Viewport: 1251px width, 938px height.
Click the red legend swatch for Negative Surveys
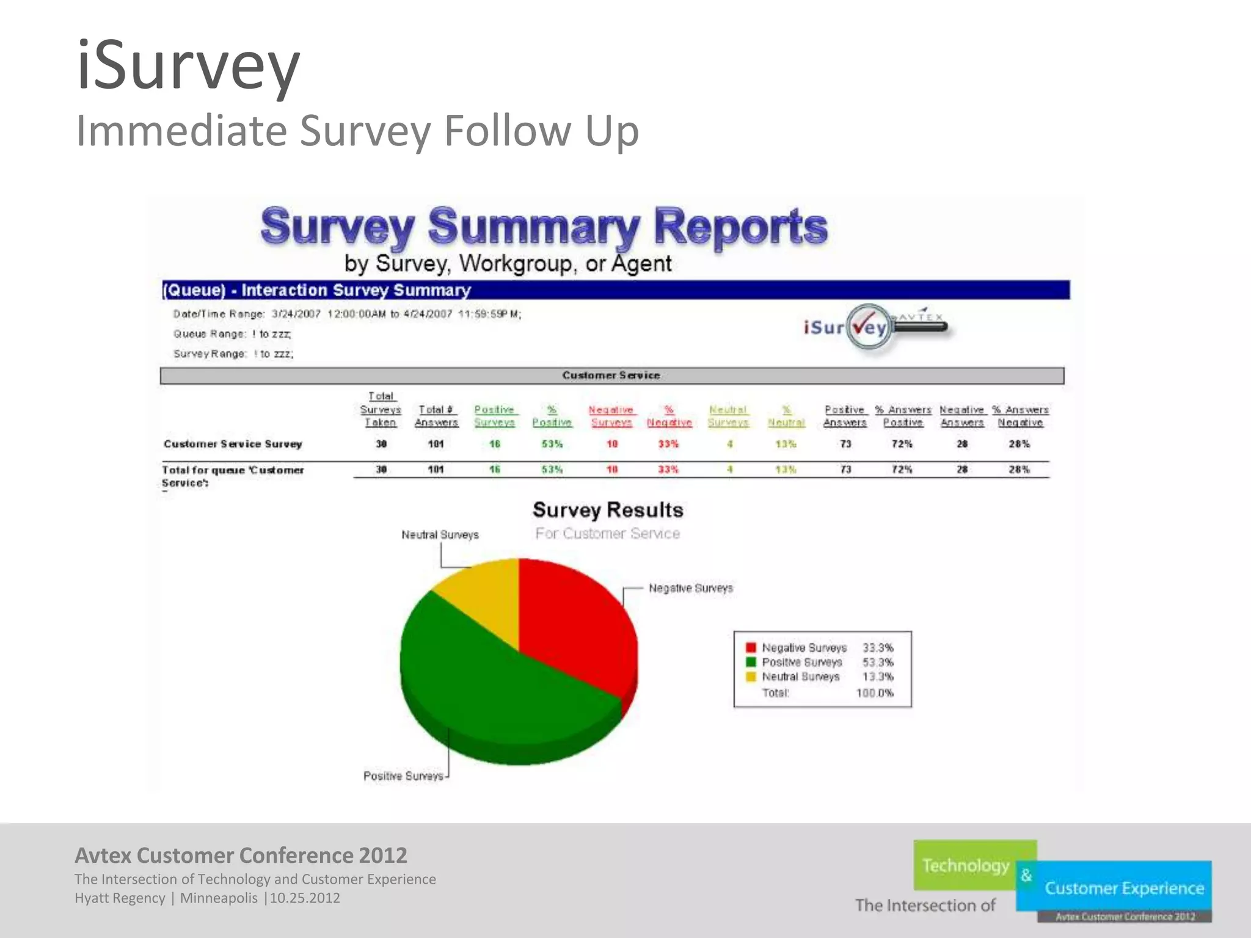pyautogui.click(x=751, y=647)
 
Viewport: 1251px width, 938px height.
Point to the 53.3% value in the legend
pyautogui.click(x=878, y=662)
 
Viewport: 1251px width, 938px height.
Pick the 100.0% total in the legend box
pyautogui.click(x=875, y=693)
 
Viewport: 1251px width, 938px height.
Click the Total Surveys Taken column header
pyautogui.click(x=381, y=410)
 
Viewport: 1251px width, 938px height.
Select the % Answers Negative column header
pyautogui.click(x=1020, y=416)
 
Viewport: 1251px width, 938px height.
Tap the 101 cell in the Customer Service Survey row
pyautogui.click(x=436, y=444)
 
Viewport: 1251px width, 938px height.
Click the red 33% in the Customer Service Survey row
pyautogui.click(x=668, y=444)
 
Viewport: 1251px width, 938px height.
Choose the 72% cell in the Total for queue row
pyautogui.click(x=902, y=470)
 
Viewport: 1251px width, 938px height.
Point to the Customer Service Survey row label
pyautogui.click(x=233, y=444)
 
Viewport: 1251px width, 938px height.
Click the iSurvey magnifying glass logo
pyautogui.click(x=870, y=328)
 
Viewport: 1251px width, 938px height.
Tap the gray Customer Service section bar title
pyautogui.click(x=611, y=376)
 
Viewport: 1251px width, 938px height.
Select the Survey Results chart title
pyautogui.click(x=608, y=510)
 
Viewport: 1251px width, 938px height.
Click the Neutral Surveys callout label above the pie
pyautogui.click(x=440, y=535)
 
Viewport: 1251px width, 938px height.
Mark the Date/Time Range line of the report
pyautogui.click(x=347, y=314)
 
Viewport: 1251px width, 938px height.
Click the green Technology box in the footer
pyautogui.click(x=966, y=865)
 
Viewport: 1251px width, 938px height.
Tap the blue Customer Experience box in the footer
pyautogui.click(x=1124, y=888)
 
